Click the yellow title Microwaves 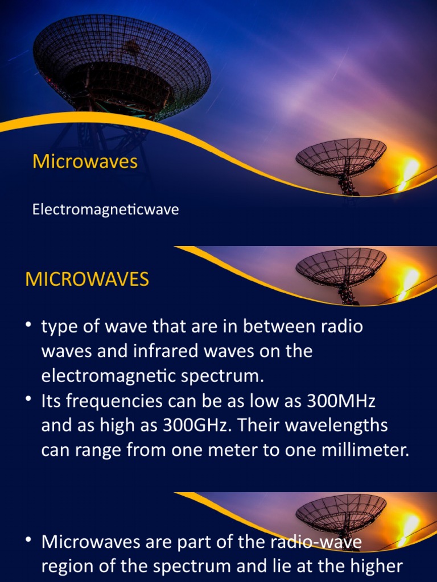(85, 161)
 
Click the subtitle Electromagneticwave (105, 210)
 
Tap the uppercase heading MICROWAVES (87, 279)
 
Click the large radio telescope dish (122, 65)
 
